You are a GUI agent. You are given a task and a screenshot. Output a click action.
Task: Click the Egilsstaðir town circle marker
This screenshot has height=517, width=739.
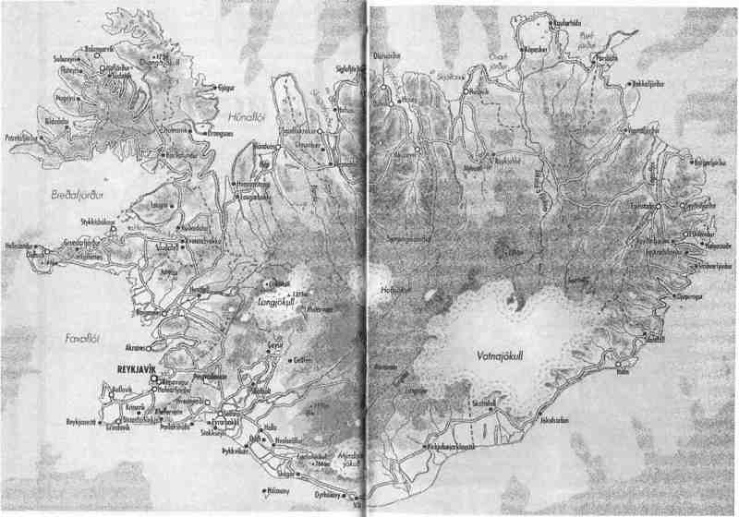658,207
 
